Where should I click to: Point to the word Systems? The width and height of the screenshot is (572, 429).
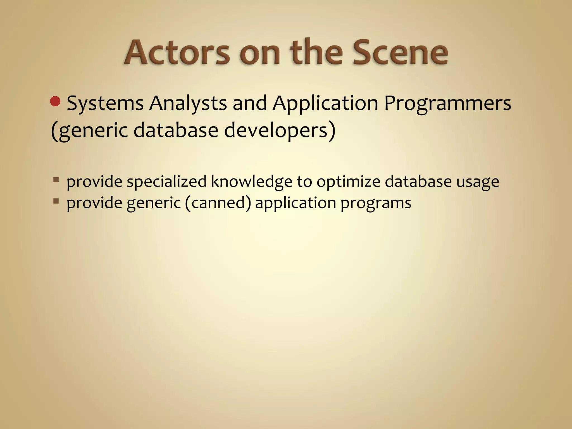tap(105, 103)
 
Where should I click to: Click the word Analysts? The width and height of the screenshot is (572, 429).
tap(188, 103)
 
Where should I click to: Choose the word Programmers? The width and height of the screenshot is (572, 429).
tap(447, 103)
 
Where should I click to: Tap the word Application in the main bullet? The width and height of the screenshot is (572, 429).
tap(325, 103)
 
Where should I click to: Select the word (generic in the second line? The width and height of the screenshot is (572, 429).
tap(89, 130)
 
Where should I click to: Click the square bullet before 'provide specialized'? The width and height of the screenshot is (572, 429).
tap(56, 180)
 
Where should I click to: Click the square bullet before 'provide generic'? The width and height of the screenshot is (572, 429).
tap(56, 201)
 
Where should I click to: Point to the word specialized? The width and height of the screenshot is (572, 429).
tap(166, 182)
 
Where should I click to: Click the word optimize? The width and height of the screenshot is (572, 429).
tap(348, 182)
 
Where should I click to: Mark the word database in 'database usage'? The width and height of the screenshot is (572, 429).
tap(418, 182)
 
